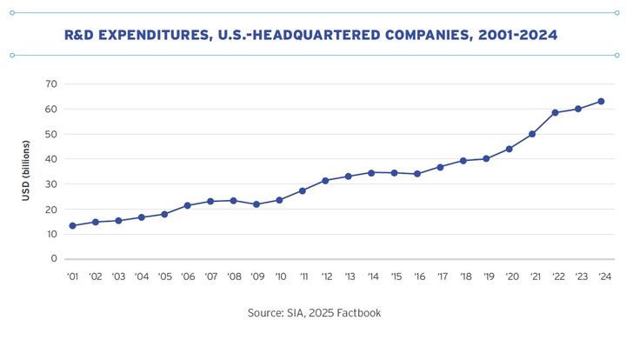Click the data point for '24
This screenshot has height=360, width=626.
coord(601,101)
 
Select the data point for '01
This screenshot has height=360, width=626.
coord(72,225)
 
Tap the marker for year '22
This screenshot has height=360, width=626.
coord(555,112)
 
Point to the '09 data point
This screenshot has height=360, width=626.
coord(256,204)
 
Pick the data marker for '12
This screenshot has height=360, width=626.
coord(325,180)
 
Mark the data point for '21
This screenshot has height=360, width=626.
coord(532,134)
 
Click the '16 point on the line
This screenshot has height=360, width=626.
coord(417,174)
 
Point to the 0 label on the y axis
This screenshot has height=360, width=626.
coord(54,259)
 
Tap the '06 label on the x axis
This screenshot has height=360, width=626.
coord(187,277)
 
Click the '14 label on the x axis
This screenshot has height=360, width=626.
coord(371,277)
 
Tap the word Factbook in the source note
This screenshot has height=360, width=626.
coord(358,312)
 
